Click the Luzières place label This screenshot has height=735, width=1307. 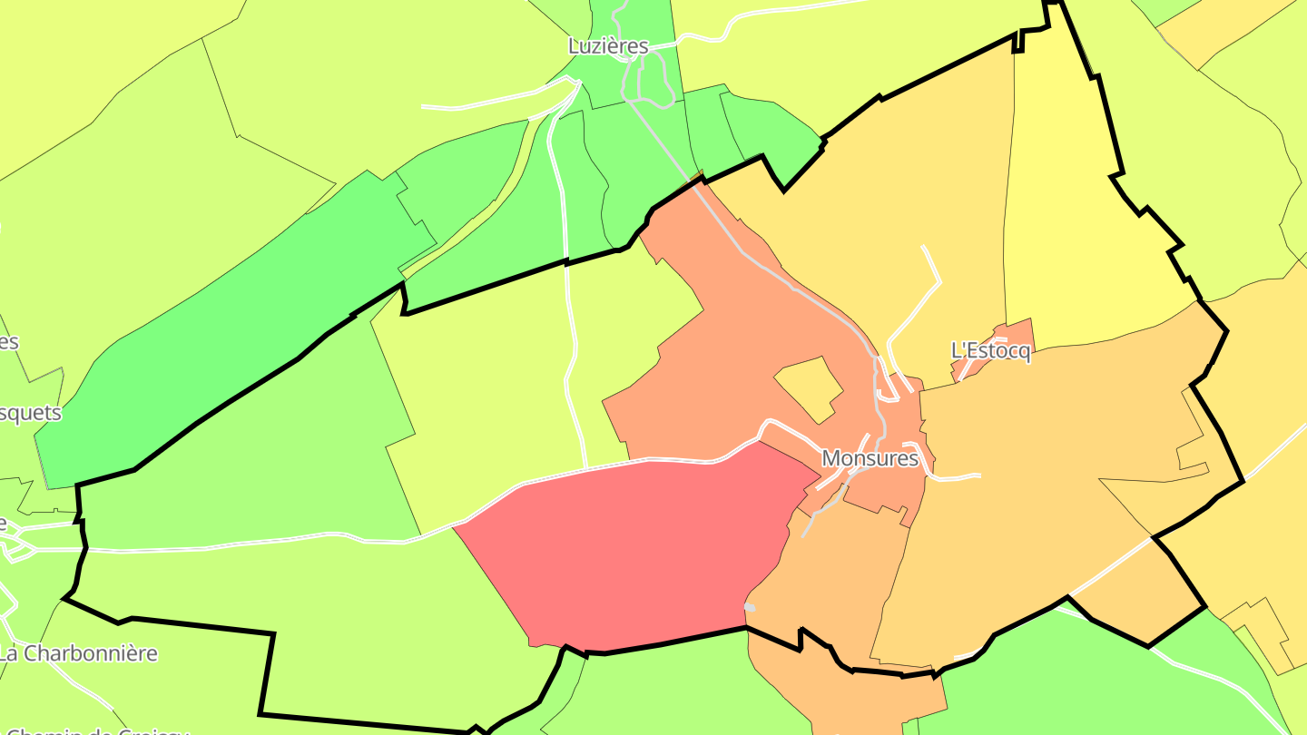(608, 45)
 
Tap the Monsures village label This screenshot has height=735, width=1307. (870, 458)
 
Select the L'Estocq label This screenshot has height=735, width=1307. (990, 350)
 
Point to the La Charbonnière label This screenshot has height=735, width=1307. (78, 652)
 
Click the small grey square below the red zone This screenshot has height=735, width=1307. (750, 607)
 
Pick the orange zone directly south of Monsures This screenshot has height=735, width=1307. (835, 581)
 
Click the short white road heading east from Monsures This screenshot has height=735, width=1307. (958, 475)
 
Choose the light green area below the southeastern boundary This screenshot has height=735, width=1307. (1089, 681)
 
